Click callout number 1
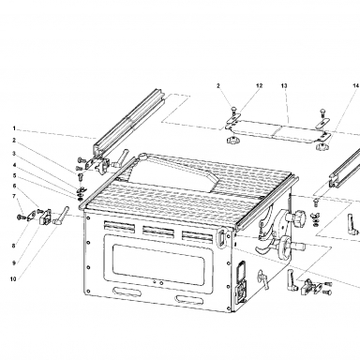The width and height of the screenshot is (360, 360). coord(14,128)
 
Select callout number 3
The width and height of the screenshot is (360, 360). coord(14,153)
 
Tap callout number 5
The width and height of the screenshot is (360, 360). coord(14,175)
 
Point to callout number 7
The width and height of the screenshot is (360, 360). coord(14,196)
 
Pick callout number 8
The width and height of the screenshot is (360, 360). coord(14,246)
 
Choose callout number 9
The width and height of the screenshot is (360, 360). coord(14,263)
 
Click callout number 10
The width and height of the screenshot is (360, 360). coord(13,279)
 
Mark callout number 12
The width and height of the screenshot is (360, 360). coord(260,85)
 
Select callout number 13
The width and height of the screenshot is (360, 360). coord(284,85)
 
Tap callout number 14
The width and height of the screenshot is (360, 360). coord(356,85)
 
